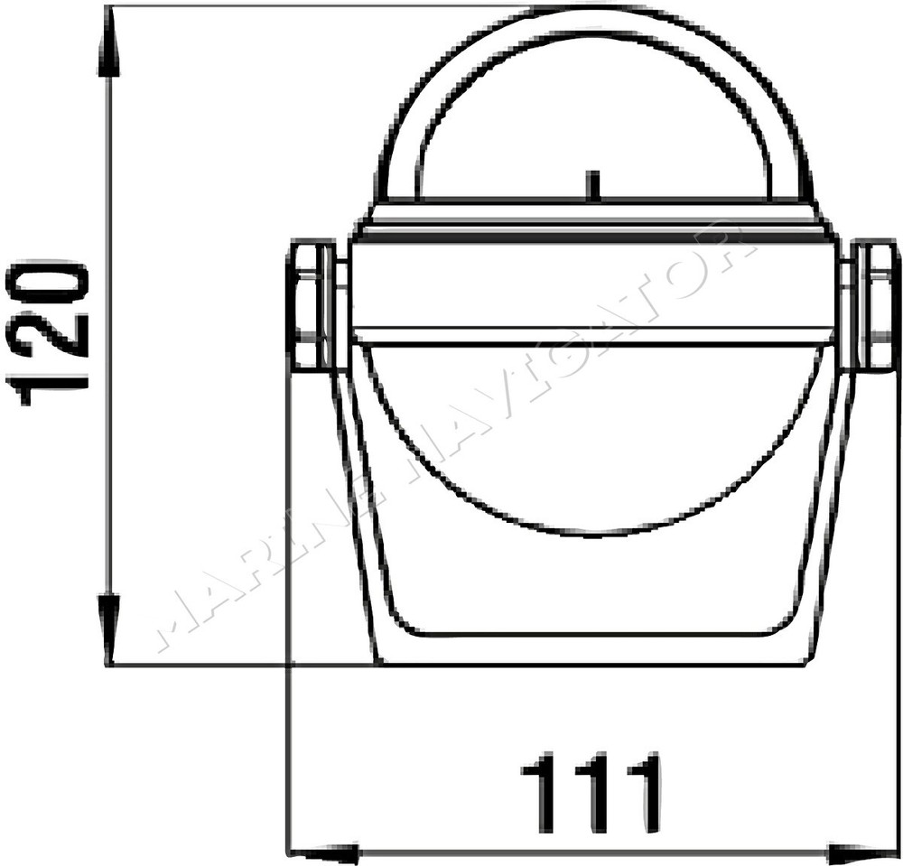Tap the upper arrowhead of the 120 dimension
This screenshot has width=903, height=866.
click(x=111, y=43)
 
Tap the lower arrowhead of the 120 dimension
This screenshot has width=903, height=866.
click(x=111, y=630)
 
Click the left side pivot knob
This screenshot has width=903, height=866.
click(x=315, y=306)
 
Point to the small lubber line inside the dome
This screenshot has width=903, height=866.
click(x=591, y=185)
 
